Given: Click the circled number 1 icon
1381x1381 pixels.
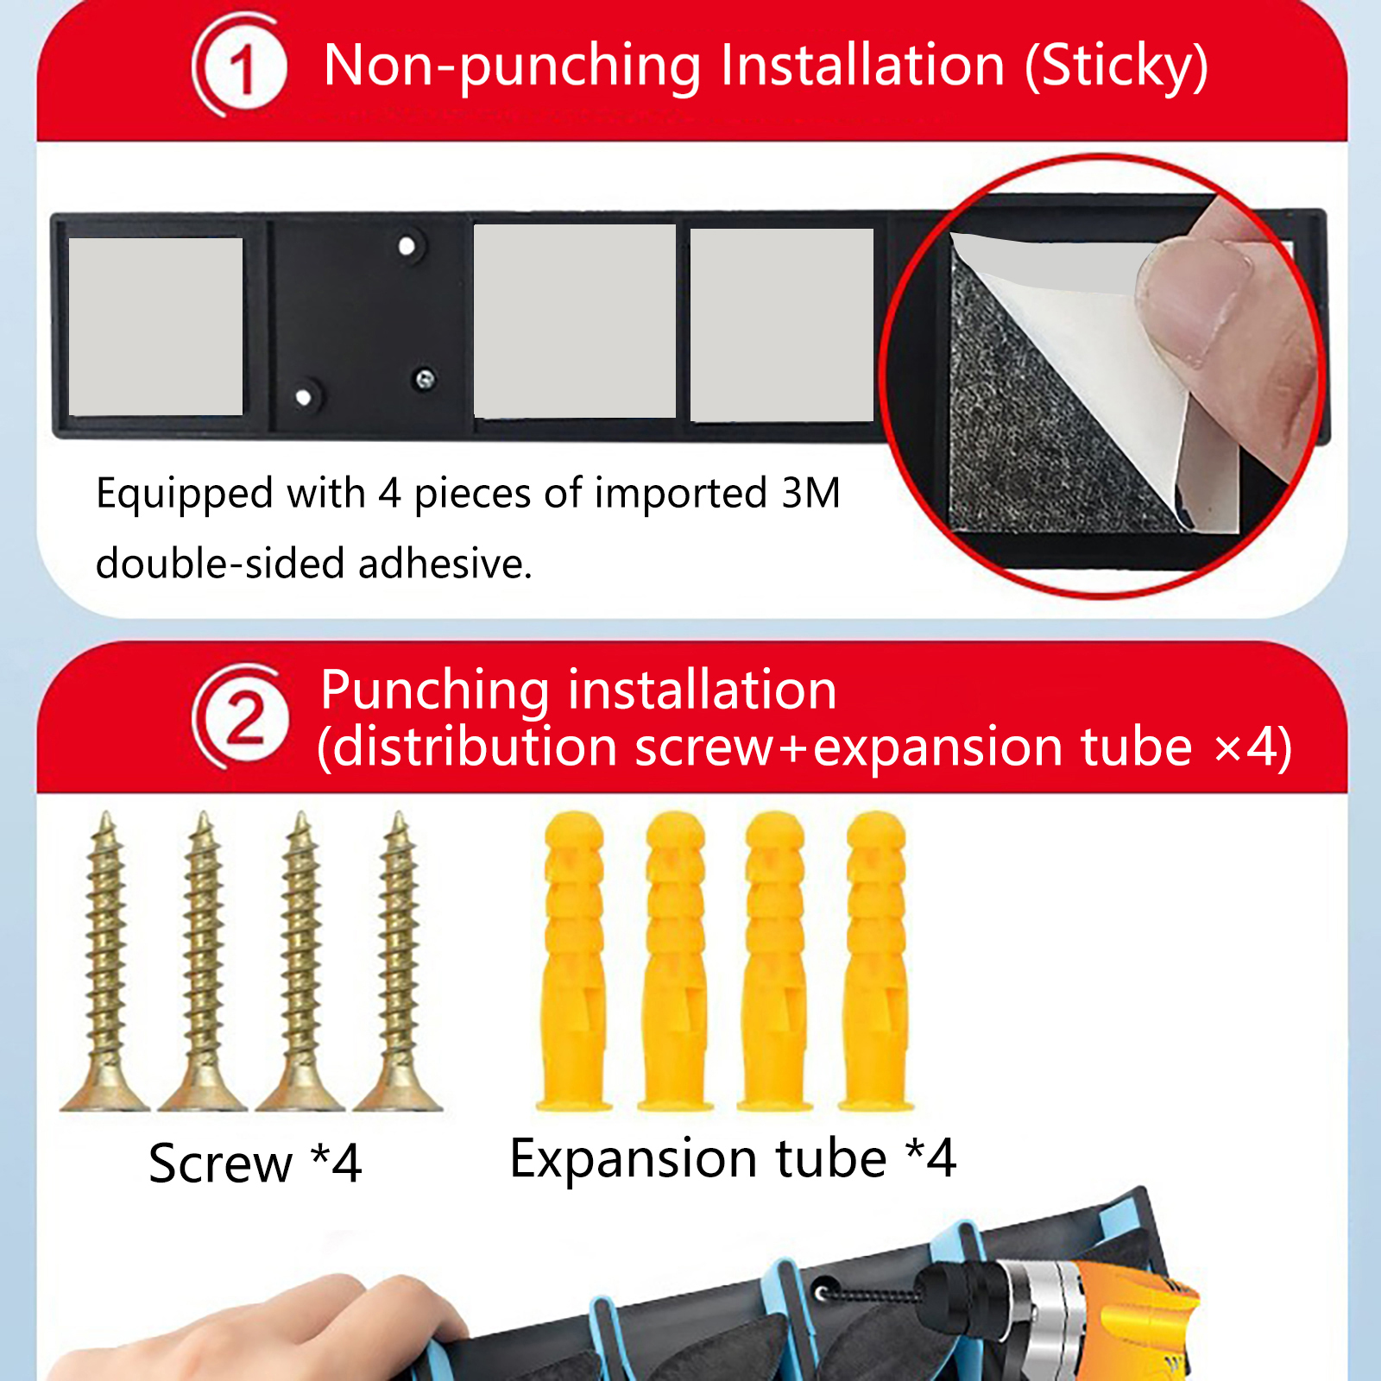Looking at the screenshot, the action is coord(240,66).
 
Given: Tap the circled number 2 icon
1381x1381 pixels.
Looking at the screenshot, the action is coord(243,716).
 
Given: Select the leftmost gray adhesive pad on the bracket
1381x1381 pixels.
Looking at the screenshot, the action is coord(155,326).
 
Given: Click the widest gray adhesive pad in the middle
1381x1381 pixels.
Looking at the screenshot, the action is coord(575,321).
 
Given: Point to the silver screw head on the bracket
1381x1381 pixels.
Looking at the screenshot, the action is coord(424,379).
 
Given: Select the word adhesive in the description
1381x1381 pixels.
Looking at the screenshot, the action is coord(445,564).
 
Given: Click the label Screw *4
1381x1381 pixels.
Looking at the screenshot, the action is coord(255,1163).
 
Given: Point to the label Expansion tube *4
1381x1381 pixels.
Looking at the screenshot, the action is coord(733,1158).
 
